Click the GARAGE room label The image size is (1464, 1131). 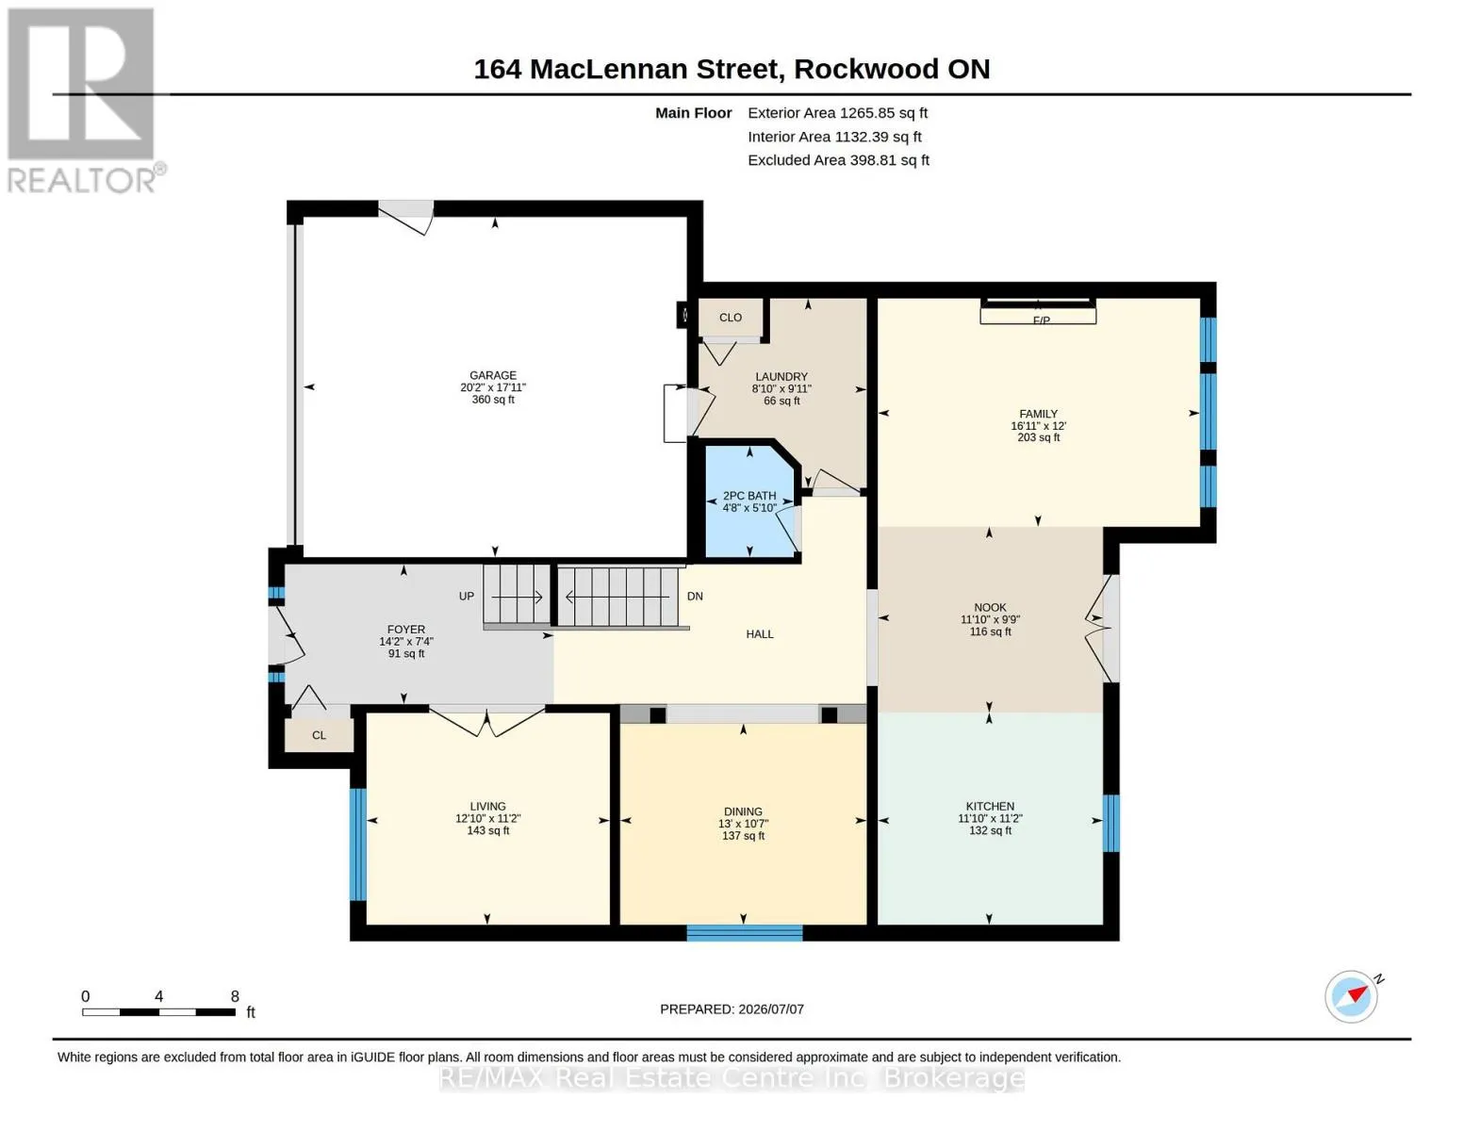click(492, 375)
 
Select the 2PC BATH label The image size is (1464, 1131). click(749, 496)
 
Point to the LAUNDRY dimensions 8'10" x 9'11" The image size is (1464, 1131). click(781, 388)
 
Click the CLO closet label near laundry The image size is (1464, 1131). click(731, 318)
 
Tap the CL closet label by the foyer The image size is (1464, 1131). click(319, 735)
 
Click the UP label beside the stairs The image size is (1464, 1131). click(467, 597)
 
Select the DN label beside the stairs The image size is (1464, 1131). click(695, 597)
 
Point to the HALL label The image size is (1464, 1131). click(759, 634)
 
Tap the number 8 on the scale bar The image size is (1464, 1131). click(235, 996)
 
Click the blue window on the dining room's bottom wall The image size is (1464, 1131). click(745, 933)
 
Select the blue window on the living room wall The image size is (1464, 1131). click(357, 844)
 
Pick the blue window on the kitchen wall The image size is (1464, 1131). click(1111, 823)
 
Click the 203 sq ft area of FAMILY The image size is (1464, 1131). click(1038, 437)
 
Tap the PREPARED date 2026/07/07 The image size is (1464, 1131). click(771, 1009)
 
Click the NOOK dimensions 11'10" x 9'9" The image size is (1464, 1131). click(990, 620)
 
